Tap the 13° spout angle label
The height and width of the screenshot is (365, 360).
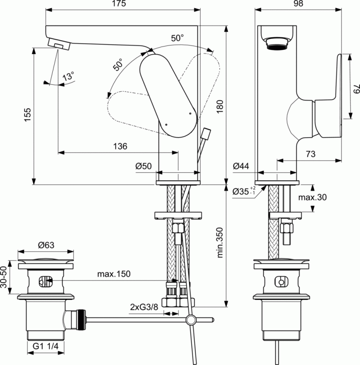(x=69, y=77)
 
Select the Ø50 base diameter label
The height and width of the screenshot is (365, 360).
(x=144, y=166)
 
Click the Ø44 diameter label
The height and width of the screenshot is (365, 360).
(x=241, y=166)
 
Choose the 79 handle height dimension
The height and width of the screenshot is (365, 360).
(x=356, y=89)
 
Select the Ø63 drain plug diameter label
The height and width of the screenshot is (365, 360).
(x=46, y=245)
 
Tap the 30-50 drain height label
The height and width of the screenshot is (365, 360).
(x=5, y=278)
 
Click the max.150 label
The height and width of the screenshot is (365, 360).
(x=113, y=274)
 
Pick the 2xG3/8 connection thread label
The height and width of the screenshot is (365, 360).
(x=143, y=306)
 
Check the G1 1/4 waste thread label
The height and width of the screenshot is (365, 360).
(x=46, y=347)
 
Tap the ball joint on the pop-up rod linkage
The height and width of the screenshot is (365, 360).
(x=191, y=319)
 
